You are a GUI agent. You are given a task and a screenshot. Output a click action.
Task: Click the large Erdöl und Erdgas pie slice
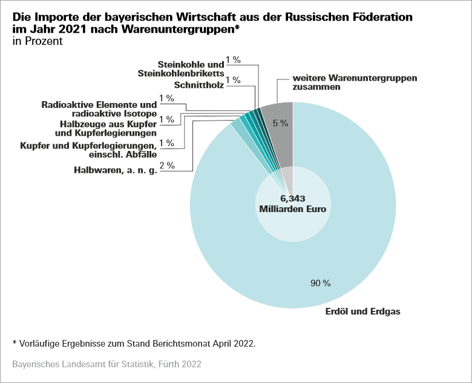coord(339,242)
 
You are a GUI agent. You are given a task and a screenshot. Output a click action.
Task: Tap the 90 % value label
coord(320,283)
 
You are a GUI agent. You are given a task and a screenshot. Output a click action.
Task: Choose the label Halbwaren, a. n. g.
coord(116,171)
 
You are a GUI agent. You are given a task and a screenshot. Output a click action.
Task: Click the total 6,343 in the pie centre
coord(293,198)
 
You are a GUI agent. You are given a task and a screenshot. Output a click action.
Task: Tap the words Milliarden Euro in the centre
coord(293,209)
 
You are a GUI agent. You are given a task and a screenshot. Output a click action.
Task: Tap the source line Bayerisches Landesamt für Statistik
coord(107,364)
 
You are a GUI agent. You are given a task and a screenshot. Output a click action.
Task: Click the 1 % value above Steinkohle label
coord(233,60)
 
